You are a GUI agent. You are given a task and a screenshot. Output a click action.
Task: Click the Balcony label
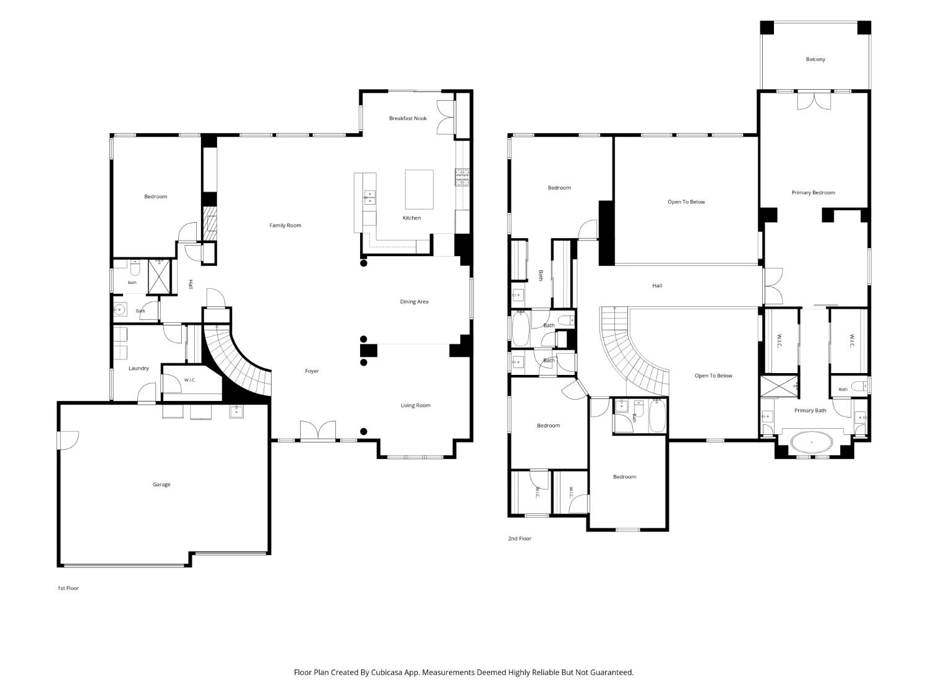pyautogui.click(x=815, y=59)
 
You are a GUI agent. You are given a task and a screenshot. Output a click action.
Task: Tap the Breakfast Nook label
pyautogui.click(x=408, y=118)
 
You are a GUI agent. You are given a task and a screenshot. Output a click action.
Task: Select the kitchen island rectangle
pyautogui.click(x=419, y=189)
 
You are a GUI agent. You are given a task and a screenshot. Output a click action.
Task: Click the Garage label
pyautogui.click(x=161, y=484)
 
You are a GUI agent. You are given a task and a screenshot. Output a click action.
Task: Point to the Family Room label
pyautogui.click(x=285, y=225)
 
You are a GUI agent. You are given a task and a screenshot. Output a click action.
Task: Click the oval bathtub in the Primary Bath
pyautogui.click(x=811, y=442)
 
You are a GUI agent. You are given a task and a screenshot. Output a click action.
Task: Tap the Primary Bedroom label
pyautogui.click(x=813, y=192)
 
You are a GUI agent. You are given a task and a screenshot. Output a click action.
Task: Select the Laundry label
pyautogui.click(x=138, y=369)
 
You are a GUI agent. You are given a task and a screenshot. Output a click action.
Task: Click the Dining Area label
pyautogui.click(x=414, y=302)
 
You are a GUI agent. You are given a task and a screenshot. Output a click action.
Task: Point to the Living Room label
pyautogui.click(x=415, y=405)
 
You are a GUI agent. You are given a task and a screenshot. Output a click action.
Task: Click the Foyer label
pyautogui.click(x=312, y=371)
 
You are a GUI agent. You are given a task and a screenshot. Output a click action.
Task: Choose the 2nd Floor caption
pyautogui.click(x=519, y=538)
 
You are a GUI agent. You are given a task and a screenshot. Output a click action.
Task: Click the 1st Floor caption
pyautogui.click(x=68, y=588)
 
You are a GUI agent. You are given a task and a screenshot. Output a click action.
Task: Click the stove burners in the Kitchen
pyautogui.click(x=462, y=178)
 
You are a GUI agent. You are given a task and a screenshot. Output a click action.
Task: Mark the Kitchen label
pyautogui.click(x=411, y=218)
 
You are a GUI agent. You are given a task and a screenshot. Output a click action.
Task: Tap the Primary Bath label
pyautogui.click(x=810, y=410)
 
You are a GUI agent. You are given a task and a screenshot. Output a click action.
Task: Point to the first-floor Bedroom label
pyautogui.click(x=155, y=197)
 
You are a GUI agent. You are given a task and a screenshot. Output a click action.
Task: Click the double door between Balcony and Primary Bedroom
pyautogui.click(x=814, y=101)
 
